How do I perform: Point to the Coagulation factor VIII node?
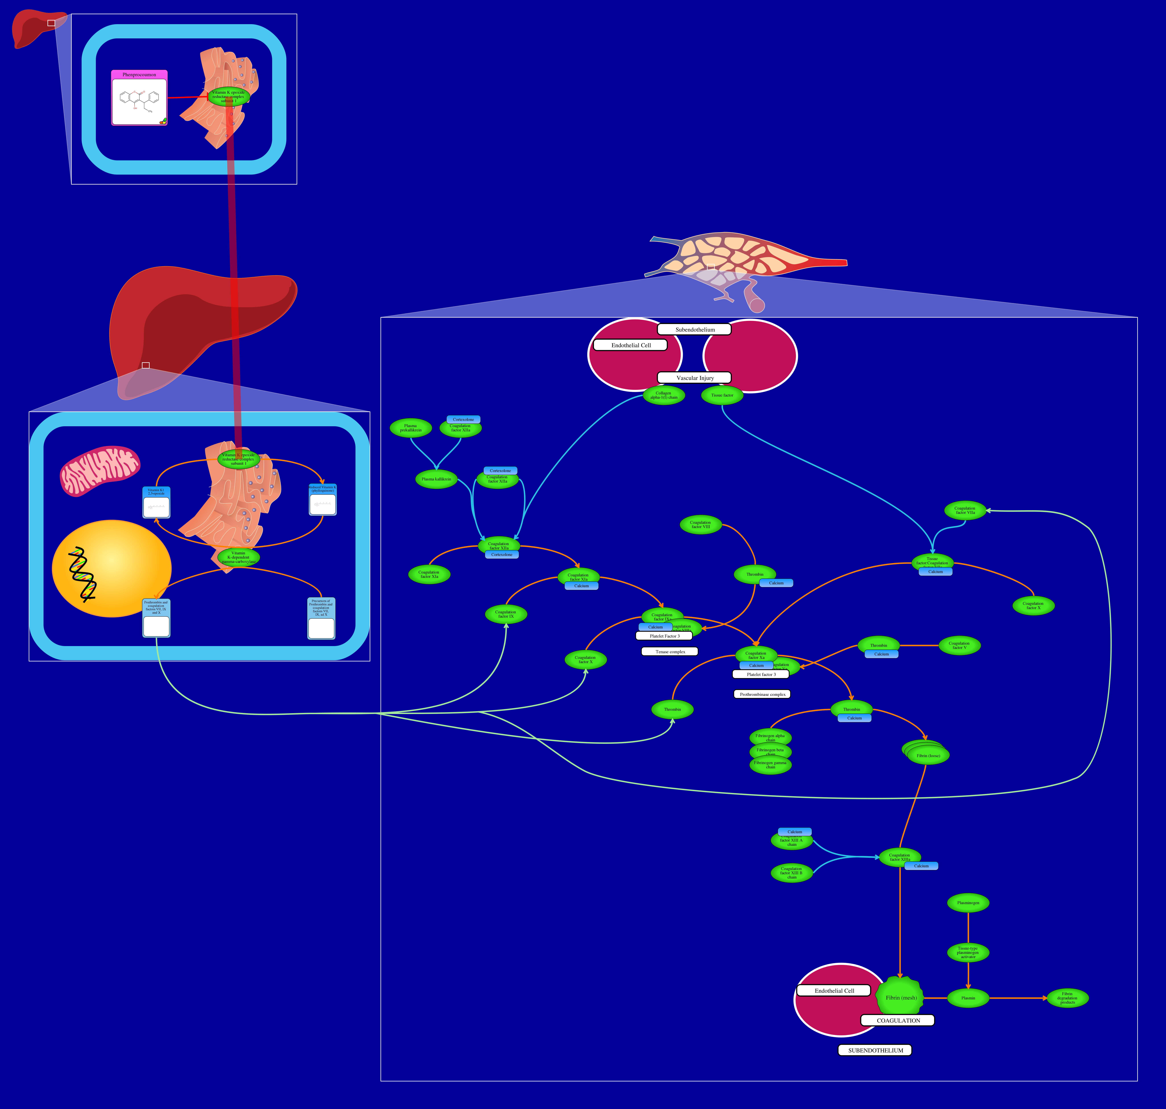tap(701, 524)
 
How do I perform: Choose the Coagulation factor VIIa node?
tap(965, 510)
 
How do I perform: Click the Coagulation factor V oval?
tap(959, 645)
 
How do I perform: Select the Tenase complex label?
tap(670, 651)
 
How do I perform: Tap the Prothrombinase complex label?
tap(762, 694)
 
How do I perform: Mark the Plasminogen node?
tap(968, 903)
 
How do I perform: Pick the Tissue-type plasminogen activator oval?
tap(968, 952)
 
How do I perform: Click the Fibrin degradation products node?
tap(1067, 998)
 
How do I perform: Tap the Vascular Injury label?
tap(695, 378)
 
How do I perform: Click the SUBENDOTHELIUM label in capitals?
tap(875, 1050)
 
